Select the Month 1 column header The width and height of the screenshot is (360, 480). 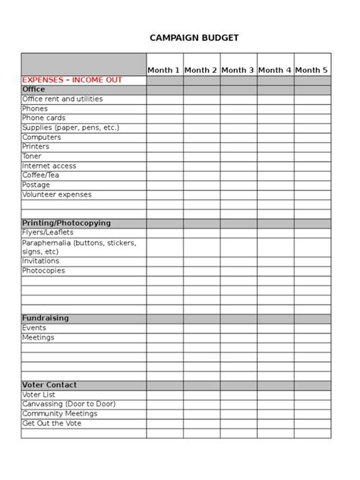tap(164, 70)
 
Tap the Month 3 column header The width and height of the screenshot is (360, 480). tap(238, 70)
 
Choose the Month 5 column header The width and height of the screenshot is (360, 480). tap(311, 70)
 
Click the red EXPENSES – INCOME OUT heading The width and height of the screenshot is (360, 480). tap(72, 80)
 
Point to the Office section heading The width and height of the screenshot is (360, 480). tap(33, 90)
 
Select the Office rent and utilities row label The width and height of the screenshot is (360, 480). tap(62, 99)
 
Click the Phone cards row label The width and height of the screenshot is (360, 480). tap(44, 118)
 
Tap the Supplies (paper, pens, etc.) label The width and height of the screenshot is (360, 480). tap(71, 128)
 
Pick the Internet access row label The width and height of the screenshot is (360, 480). tap(49, 166)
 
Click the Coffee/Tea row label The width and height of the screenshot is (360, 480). tap(42, 175)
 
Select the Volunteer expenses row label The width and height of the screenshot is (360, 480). tap(57, 194)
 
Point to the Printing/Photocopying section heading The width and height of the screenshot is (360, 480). tap(66, 223)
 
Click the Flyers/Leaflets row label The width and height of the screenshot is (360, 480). tap(48, 232)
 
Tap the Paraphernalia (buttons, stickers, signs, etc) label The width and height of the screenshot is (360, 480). tap(79, 247)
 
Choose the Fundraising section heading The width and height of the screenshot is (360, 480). tap(46, 318)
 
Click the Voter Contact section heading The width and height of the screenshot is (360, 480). tap(49, 385)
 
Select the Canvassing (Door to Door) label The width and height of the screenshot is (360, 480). tap(69, 404)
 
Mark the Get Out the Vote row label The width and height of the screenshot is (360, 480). tap(52, 423)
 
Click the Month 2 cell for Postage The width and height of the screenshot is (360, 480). tap(201, 185)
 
